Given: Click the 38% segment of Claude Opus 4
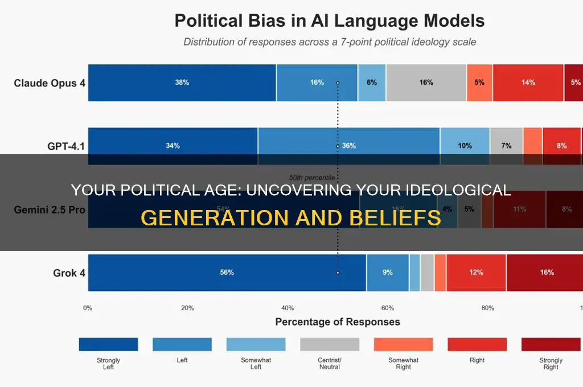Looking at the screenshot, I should coord(182,83).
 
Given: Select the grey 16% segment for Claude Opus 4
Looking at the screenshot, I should coord(426,83).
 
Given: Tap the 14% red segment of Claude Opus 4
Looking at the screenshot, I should coord(528,83).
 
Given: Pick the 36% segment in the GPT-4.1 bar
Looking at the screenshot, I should coord(348,146).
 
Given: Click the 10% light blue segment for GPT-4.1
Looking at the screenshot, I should coord(465,146).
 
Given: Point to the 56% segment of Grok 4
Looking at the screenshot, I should coord(227,273).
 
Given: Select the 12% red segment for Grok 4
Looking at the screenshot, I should coord(476,273).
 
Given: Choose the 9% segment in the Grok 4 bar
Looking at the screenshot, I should coord(387,273).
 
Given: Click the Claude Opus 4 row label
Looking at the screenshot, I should coord(50,83).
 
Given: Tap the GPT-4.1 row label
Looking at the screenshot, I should coord(66,146).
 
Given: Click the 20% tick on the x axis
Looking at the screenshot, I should coord(187,308).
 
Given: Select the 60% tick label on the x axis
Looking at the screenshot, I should coord(387,308).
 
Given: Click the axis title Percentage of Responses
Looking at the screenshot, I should coord(338,322).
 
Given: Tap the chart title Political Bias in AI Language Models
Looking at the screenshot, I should coord(329,22).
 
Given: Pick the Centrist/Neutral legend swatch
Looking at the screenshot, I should coord(330,344).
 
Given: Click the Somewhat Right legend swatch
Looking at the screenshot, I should coord(403,344).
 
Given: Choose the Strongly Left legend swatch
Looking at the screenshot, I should coord(108,344).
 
